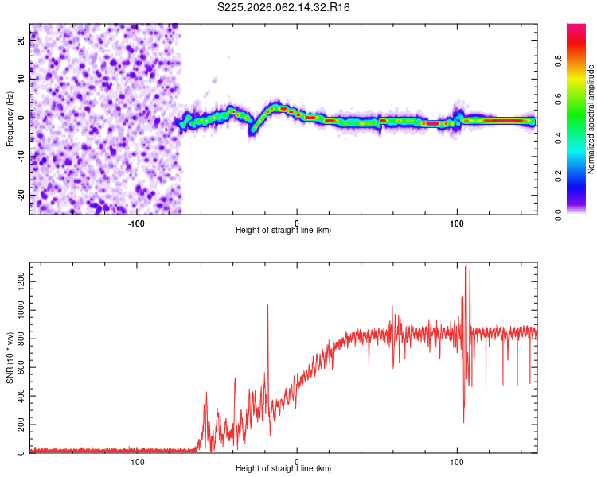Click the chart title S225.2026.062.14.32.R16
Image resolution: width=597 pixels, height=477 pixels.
284,7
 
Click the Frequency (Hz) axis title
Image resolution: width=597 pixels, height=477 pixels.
10,119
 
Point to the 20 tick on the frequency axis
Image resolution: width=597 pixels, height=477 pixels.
21,41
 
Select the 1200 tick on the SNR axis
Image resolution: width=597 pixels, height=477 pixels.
16,281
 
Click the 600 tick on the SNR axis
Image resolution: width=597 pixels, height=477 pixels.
18,366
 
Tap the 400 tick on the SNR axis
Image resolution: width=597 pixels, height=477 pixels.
18,395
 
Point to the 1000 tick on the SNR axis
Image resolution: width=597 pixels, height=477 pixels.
16,309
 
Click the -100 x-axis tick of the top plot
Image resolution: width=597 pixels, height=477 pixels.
136,223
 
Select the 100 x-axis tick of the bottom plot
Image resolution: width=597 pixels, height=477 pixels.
457,461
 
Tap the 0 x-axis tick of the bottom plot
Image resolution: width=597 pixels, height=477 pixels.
297,461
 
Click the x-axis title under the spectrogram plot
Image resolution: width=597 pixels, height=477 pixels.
283,231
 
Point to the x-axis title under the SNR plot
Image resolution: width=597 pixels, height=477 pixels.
283,469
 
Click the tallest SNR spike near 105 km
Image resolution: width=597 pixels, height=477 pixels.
466,266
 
